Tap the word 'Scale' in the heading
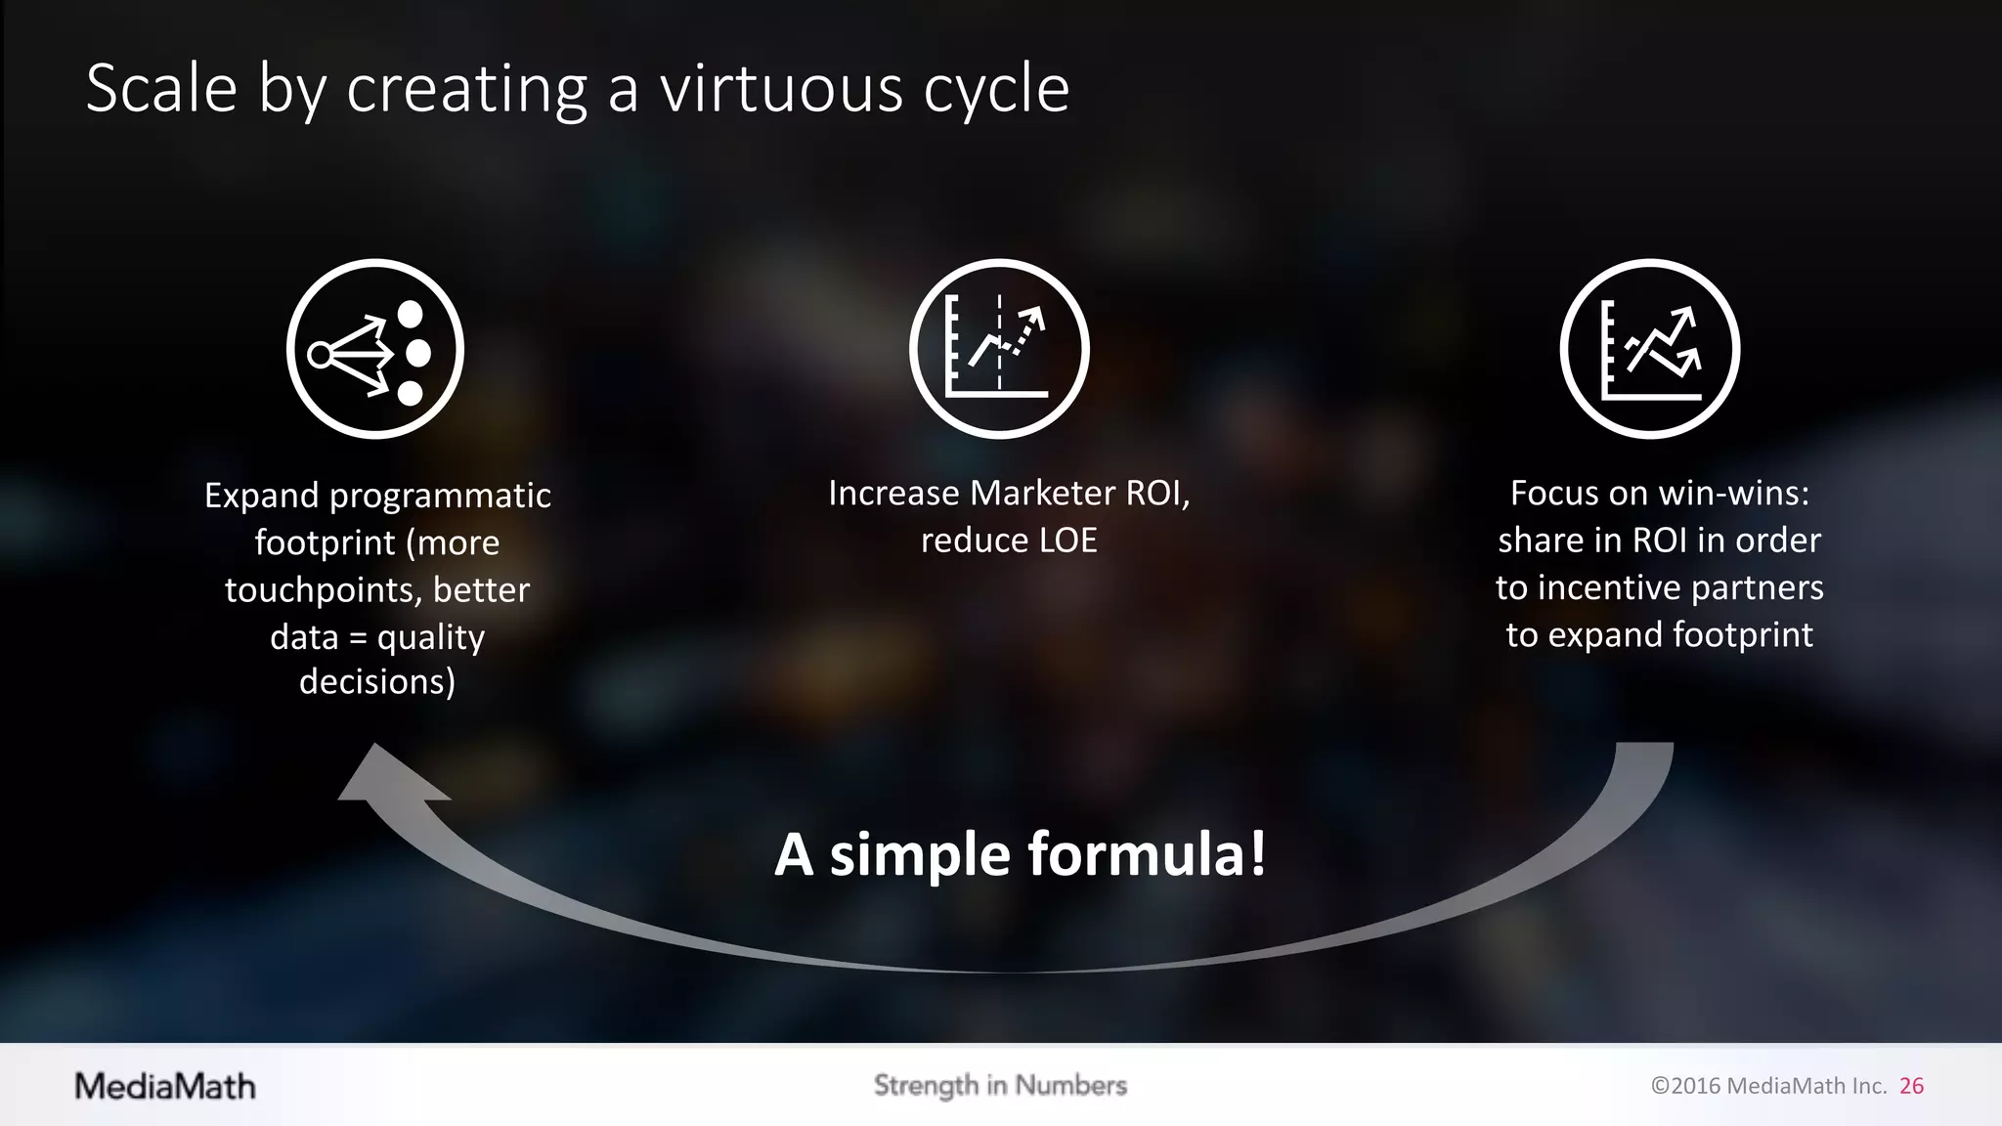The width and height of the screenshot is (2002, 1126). point(161,89)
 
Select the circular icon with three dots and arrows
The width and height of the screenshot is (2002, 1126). point(375,349)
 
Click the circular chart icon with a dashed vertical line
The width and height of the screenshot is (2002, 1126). point(999,349)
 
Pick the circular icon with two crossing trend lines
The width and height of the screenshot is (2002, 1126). point(1650,349)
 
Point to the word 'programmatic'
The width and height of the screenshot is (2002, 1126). point(440,496)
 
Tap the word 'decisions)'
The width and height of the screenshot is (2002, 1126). point(377,681)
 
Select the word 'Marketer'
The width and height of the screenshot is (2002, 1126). point(1042,494)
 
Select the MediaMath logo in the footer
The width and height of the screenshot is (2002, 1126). point(165,1086)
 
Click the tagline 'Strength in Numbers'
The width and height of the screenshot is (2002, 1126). point(1000,1085)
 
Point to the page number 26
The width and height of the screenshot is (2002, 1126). point(1911,1086)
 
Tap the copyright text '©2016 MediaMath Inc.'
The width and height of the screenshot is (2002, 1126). point(1768,1086)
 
